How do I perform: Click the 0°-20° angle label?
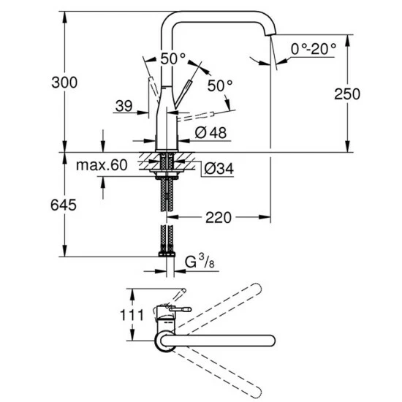[x=313, y=48]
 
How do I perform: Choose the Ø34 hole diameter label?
[x=216, y=169]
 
